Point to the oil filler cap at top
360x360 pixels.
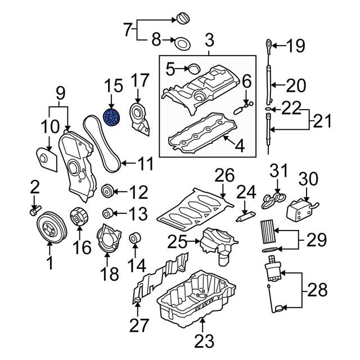[x=183, y=17]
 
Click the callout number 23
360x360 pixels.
[x=204, y=340]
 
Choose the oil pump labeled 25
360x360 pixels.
[x=217, y=246]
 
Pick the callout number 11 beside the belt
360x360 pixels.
[x=146, y=164]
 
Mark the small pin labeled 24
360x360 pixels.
[x=245, y=215]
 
